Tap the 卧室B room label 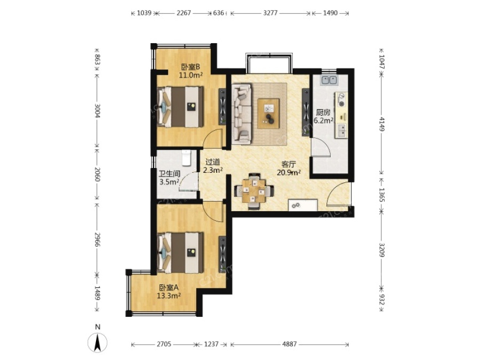(190, 67)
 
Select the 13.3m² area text (169, 295)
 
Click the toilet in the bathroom (186, 157)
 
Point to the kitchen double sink (329, 80)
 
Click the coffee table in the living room (268, 113)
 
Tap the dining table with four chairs (254, 191)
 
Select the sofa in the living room (242, 114)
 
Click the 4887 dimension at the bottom (289, 344)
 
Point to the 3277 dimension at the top (270, 13)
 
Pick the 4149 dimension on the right (382, 124)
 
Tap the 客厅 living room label (289, 165)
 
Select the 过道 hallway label (213, 162)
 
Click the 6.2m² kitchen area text (324, 121)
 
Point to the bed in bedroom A (181, 253)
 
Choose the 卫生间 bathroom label (169, 174)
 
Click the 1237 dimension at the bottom (211, 344)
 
